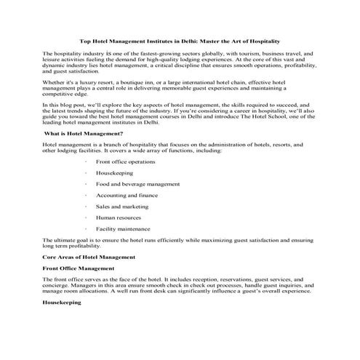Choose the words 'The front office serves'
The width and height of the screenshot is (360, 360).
[x=71, y=279]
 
